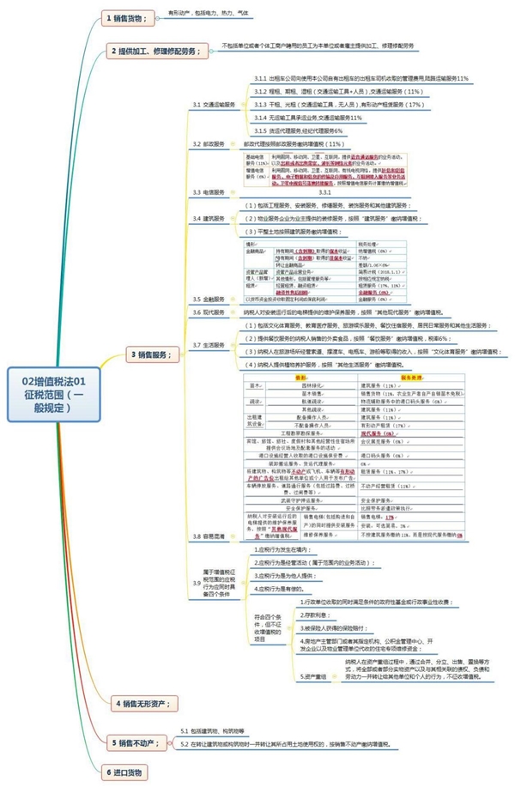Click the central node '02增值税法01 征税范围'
pos(61,394)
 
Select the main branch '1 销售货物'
pos(125,17)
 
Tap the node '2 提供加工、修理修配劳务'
pos(158,51)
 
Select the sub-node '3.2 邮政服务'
pos(209,144)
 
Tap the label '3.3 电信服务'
pos(209,192)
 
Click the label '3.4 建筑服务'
pos(209,218)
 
